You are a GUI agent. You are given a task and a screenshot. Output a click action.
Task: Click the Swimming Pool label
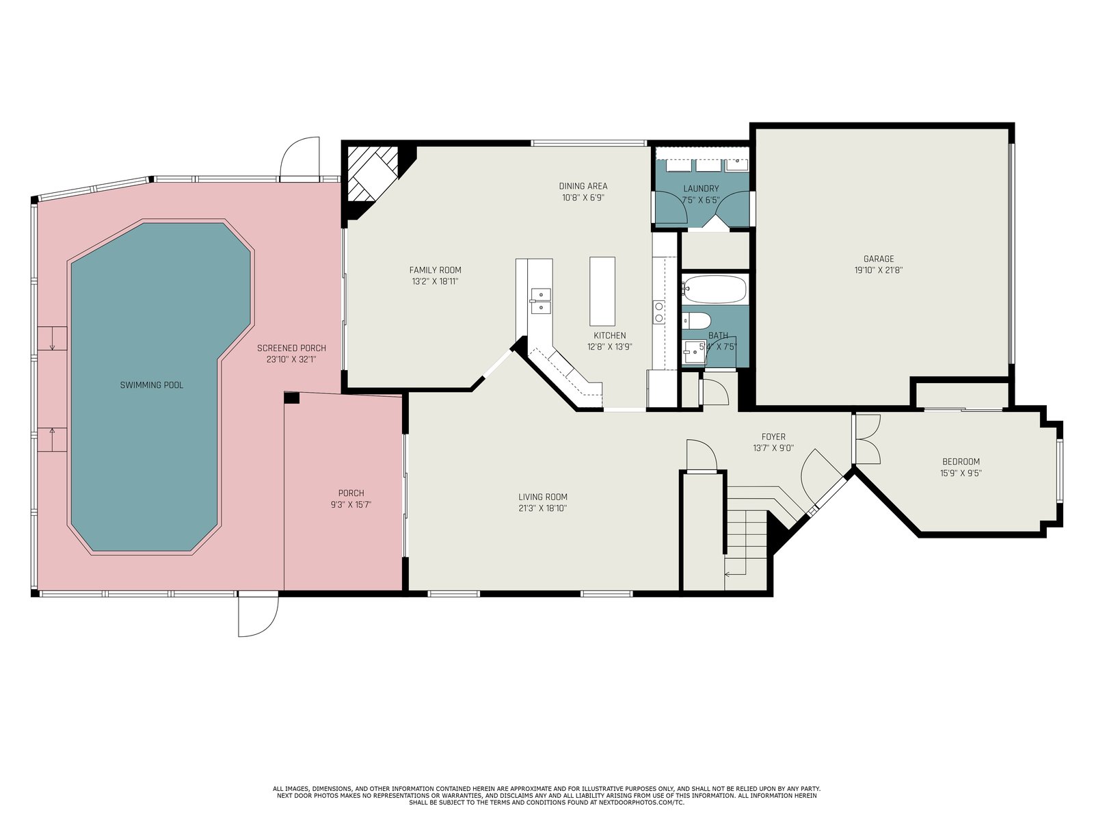tap(152, 385)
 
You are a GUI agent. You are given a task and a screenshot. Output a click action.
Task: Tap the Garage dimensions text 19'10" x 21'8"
tap(879, 270)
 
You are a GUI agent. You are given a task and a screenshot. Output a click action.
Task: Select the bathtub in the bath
tap(715, 289)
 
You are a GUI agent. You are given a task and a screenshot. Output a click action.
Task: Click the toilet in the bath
tap(696, 320)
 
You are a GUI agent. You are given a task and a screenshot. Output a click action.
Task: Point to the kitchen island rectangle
tap(602, 291)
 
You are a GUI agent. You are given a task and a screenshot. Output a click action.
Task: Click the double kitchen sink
tap(541, 301)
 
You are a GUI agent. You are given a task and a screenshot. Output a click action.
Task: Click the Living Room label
tap(543, 497)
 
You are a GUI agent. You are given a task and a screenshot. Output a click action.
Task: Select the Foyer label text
tap(773, 436)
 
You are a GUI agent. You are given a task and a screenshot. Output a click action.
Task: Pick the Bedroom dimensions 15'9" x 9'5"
tap(961, 473)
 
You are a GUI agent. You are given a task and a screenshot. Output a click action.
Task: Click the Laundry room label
tap(701, 188)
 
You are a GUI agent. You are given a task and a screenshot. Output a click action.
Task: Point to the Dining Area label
tap(583, 186)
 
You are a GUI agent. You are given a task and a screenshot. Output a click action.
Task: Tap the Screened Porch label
tap(291, 348)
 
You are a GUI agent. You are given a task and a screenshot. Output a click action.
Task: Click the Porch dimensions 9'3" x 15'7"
tap(351, 504)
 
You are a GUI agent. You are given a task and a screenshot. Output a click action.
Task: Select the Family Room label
tap(435, 270)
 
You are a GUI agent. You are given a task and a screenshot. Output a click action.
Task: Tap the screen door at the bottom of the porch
tap(258, 616)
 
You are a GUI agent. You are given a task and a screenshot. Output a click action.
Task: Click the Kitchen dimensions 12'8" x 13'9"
tap(609, 347)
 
